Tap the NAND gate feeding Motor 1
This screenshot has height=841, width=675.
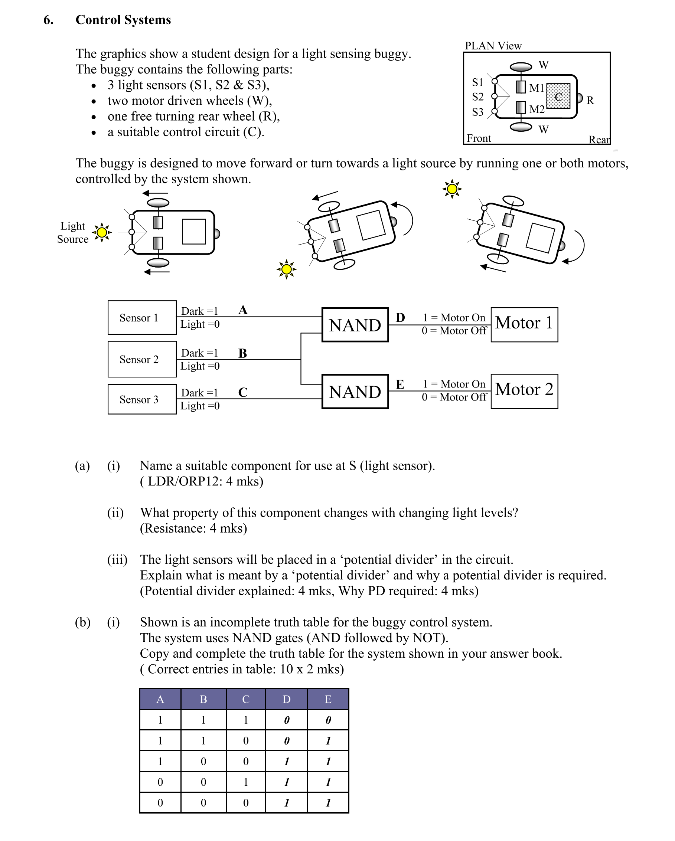[355, 325]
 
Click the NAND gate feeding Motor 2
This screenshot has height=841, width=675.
[355, 392]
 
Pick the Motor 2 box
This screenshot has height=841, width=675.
[524, 391]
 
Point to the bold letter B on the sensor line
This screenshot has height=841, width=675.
[243, 353]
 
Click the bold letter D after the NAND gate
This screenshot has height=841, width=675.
[400, 318]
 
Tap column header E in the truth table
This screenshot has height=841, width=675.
[328, 699]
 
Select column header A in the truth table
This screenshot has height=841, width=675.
[160, 699]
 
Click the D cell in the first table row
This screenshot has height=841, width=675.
[286, 720]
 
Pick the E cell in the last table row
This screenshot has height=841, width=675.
[328, 803]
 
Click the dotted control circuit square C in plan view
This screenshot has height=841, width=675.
[558, 96]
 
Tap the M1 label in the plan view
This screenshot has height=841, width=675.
[537, 88]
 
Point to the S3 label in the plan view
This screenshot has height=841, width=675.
[477, 112]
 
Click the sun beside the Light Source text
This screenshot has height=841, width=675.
[102, 232]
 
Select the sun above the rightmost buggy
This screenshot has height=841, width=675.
[452, 189]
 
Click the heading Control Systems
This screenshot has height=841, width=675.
[123, 20]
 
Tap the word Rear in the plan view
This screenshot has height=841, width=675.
[599, 140]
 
